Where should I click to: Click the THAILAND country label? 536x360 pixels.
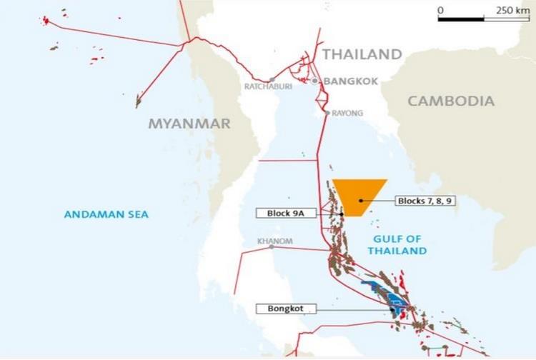click(362, 54)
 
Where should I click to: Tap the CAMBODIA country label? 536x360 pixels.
click(451, 101)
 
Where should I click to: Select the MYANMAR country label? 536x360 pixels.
click(189, 124)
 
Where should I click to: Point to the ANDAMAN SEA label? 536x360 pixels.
click(106, 214)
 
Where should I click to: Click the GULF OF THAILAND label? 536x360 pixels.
click(397, 245)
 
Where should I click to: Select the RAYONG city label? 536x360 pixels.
click(347, 113)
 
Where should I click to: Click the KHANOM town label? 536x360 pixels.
click(275, 241)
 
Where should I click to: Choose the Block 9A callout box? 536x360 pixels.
click(285, 213)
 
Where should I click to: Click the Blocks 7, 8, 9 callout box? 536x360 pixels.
click(426, 201)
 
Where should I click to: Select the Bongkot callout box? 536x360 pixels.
click(285, 309)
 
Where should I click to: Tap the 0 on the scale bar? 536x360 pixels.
click(440, 10)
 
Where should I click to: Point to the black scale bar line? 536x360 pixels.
click(483, 19)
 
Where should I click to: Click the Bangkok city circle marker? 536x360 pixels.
click(314, 81)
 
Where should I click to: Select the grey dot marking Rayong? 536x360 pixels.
click(327, 113)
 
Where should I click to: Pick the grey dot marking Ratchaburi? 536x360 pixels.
click(272, 79)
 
